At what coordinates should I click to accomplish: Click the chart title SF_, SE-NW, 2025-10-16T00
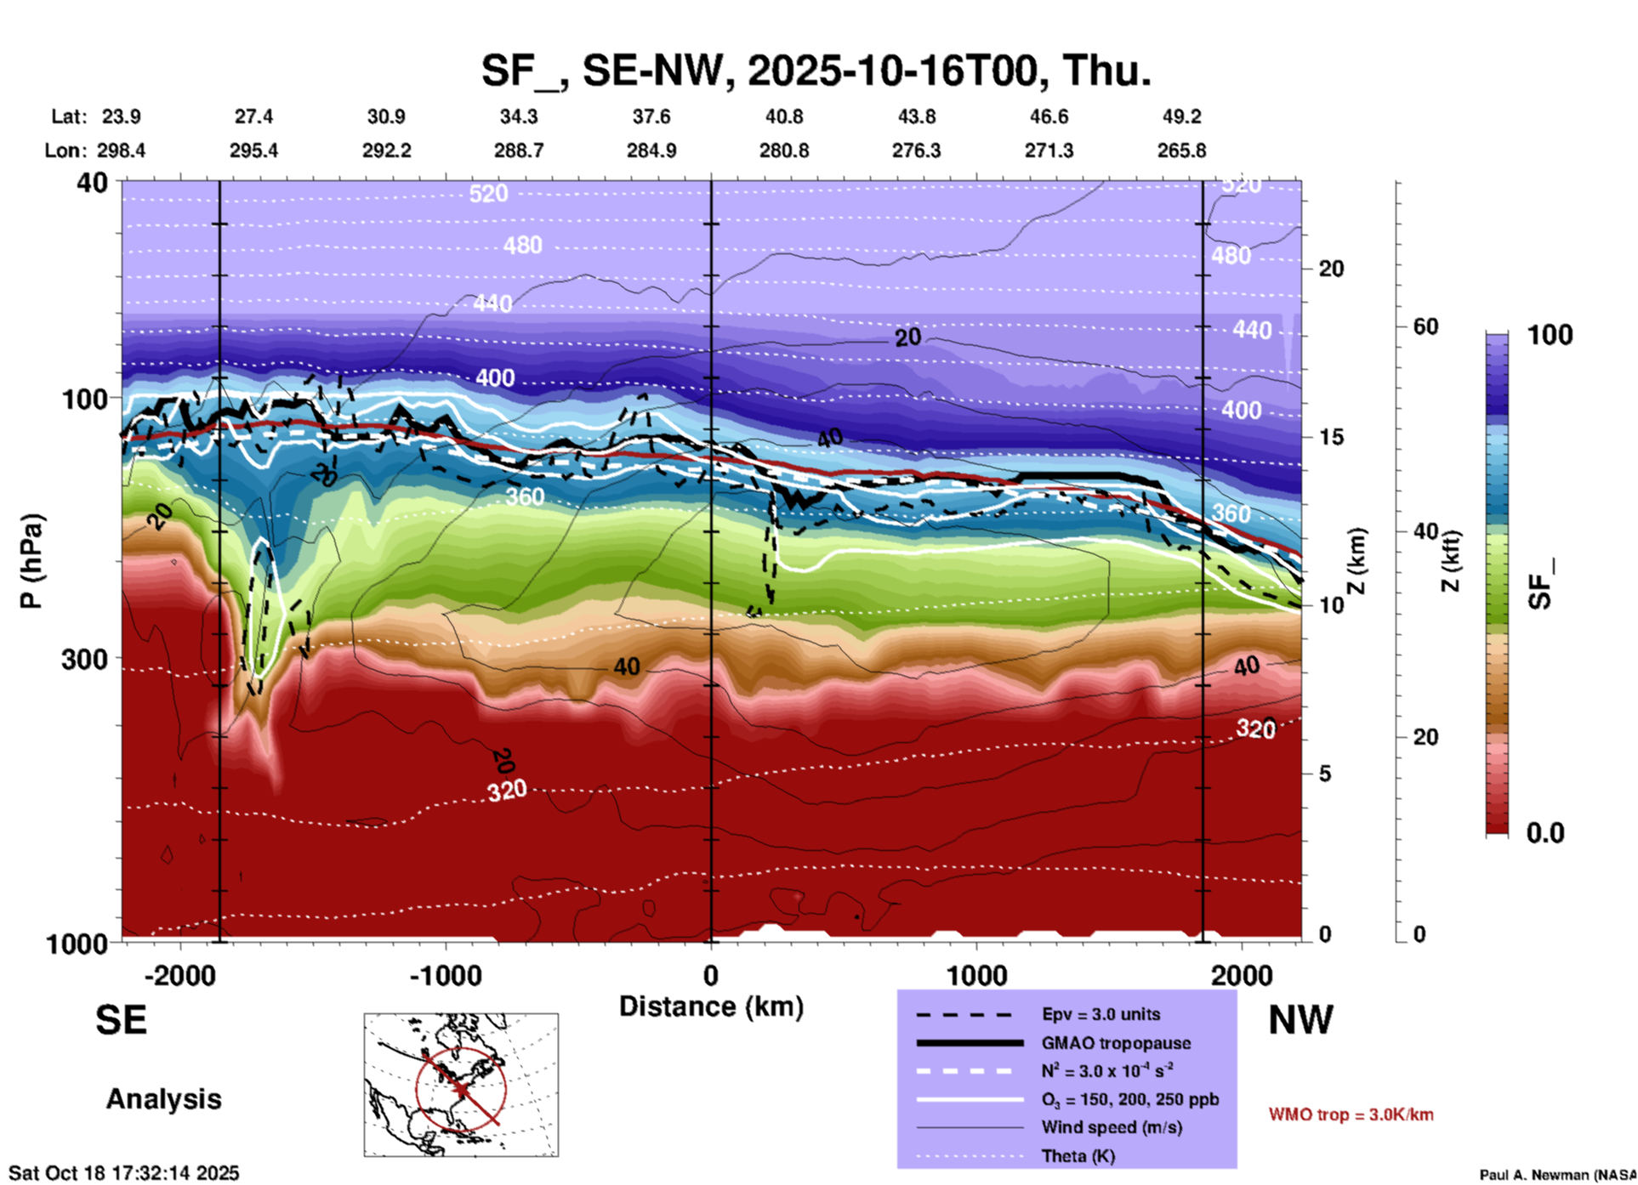tap(816, 71)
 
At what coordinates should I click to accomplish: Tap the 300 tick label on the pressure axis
tap(84, 659)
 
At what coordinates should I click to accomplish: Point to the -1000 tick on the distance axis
tap(445, 975)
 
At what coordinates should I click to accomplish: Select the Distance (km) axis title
tap(711, 1006)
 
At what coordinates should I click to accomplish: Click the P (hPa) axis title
tap(31, 561)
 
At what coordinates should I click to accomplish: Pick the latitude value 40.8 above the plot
tap(783, 116)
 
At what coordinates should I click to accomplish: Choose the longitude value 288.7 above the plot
tap(519, 150)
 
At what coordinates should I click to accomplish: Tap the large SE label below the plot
tap(121, 1020)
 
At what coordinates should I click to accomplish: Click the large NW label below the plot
tap(1300, 1020)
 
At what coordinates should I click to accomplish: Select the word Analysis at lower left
tap(163, 1099)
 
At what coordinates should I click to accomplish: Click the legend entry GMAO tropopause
tap(1116, 1043)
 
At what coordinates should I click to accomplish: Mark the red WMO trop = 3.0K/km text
tap(1351, 1114)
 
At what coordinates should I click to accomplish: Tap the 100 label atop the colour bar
tap(1550, 335)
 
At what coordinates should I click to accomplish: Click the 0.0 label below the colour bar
tap(1544, 832)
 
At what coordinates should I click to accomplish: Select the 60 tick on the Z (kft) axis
tap(1425, 326)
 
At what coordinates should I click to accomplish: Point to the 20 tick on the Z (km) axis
tap(1331, 269)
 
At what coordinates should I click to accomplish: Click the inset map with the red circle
tap(461, 1084)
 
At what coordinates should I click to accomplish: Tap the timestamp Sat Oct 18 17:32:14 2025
tap(124, 1173)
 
